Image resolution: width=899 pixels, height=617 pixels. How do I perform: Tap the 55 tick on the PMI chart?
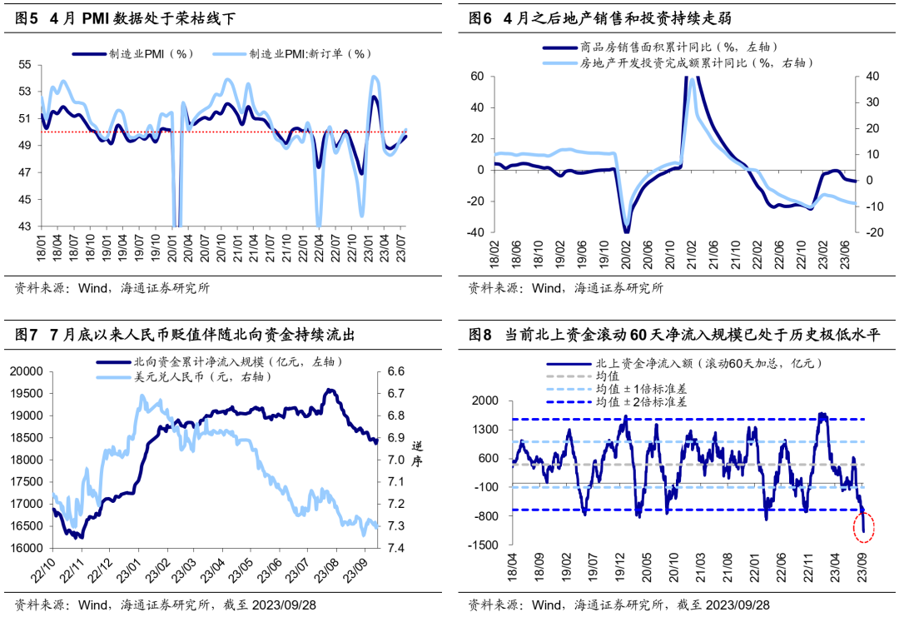tap(24, 65)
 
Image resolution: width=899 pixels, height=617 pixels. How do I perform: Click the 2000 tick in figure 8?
tap(484, 401)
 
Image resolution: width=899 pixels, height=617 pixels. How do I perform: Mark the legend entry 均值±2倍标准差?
tap(651, 401)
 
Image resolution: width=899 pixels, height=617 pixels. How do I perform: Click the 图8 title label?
tap(480, 335)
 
